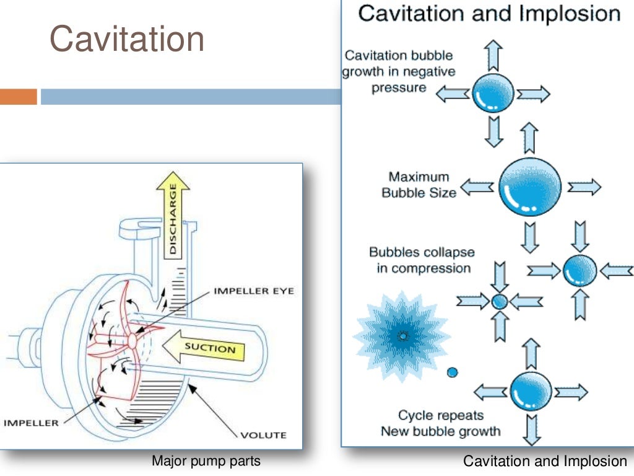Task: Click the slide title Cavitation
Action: (127, 39)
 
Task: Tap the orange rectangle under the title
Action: (19, 97)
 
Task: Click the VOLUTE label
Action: (264, 434)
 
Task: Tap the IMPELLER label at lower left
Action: (32, 423)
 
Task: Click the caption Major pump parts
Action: (206, 461)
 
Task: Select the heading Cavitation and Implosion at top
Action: (489, 14)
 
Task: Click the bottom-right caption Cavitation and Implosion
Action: (545, 461)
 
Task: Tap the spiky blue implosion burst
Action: (403, 335)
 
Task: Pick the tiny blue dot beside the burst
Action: (453, 372)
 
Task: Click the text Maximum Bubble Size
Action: (419, 185)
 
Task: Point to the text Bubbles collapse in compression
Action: (421, 260)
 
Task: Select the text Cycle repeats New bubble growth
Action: (440, 423)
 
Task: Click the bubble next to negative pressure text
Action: (493, 94)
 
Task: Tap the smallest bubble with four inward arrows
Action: (500, 301)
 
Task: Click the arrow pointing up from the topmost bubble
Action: (493, 56)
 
